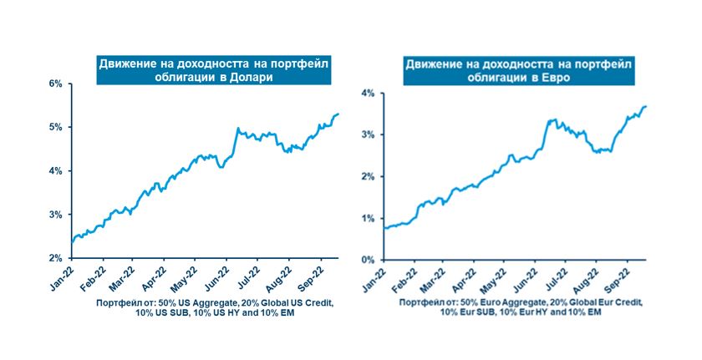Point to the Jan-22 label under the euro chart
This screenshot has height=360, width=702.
[371, 276]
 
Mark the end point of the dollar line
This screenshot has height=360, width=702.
[338, 114]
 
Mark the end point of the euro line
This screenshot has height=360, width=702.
[647, 106]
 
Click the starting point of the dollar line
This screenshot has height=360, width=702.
[72, 243]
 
